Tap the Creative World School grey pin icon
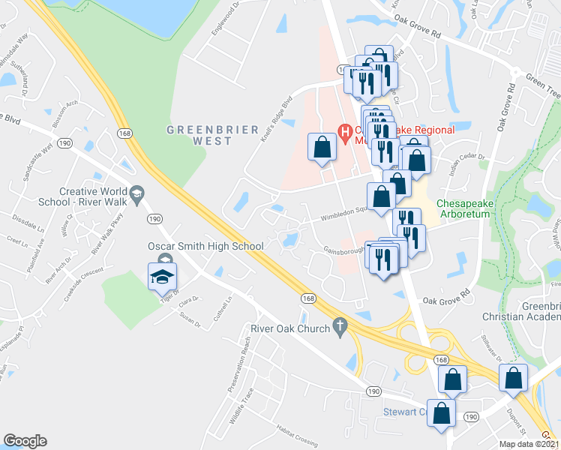click(x=136, y=195)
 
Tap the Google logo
click(x=25, y=441)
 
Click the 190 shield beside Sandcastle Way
click(x=64, y=142)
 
